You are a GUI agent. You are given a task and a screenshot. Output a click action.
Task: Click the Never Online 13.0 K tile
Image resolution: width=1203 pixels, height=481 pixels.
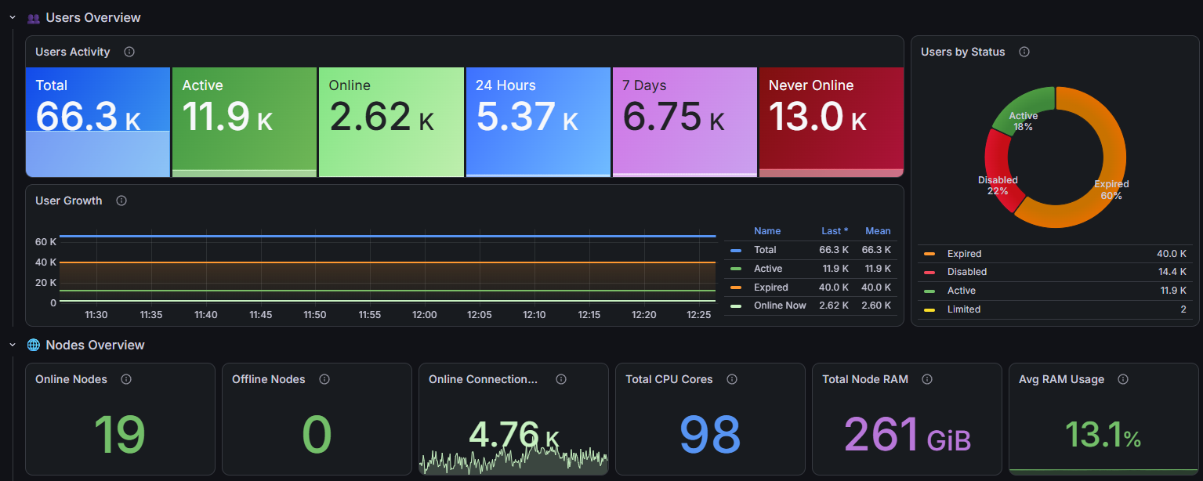[832, 122]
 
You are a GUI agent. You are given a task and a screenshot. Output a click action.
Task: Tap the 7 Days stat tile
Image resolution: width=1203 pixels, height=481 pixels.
[685, 122]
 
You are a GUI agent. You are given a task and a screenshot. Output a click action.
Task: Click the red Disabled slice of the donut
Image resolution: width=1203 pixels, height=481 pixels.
[997, 171]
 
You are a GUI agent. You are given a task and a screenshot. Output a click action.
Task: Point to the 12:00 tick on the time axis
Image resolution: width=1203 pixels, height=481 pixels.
[424, 315]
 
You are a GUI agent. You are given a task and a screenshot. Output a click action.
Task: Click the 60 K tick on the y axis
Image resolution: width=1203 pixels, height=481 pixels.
[45, 242]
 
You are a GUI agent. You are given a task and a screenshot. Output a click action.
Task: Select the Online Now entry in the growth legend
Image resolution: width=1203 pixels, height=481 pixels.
[780, 306]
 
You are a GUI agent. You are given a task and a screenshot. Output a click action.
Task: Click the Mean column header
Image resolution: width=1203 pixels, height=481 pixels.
[878, 231]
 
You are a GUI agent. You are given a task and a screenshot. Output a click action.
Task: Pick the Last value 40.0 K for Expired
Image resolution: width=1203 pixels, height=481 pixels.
[834, 288]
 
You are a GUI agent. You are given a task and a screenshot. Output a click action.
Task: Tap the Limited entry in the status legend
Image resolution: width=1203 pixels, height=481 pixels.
[963, 309]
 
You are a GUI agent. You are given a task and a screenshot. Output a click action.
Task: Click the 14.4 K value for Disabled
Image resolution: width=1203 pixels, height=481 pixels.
[1172, 272]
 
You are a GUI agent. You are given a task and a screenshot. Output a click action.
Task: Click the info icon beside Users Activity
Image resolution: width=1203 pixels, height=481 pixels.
[129, 52]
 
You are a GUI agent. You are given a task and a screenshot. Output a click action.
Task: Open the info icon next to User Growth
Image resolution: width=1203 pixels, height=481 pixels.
[121, 201]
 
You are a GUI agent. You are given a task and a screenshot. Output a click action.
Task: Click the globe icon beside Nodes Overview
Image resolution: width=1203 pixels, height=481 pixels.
[33, 345]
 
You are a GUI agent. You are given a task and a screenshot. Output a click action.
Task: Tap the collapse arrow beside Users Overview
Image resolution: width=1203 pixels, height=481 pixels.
[13, 18]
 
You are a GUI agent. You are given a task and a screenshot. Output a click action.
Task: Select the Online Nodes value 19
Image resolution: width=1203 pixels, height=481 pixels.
[119, 434]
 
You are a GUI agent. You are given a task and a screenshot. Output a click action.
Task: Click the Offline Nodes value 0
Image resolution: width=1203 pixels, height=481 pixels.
[317, 434]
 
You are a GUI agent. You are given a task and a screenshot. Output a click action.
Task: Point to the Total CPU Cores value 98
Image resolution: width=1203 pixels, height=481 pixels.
[710, 434]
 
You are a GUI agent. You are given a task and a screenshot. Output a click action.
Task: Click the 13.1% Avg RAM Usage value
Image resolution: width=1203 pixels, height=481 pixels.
[1103, 434]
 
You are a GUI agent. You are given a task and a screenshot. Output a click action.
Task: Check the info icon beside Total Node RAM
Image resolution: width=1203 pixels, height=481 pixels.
[927, 379]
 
